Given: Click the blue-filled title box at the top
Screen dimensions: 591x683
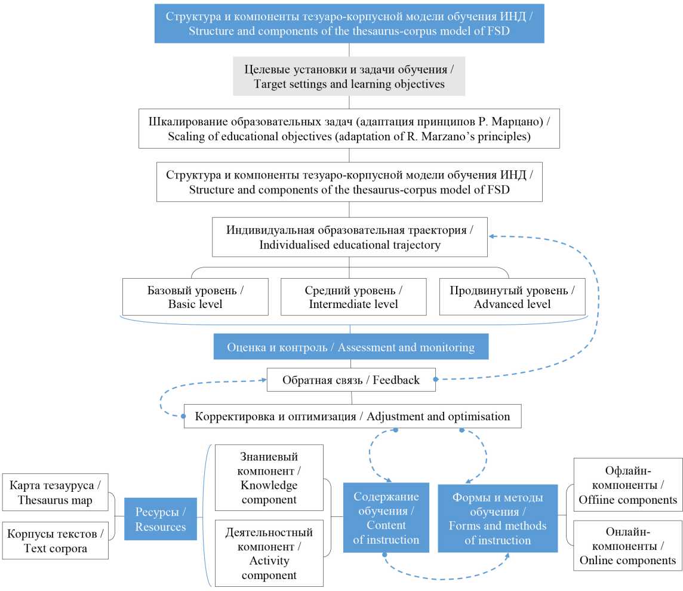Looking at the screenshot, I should tap(349, 24).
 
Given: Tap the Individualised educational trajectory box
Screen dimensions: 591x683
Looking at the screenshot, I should tap(349, 237).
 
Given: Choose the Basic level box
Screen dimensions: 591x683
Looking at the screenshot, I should tap(195, 297).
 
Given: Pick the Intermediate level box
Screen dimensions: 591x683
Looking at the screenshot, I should tap(353, 297).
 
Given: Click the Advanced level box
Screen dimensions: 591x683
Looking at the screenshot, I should tap(512, 297).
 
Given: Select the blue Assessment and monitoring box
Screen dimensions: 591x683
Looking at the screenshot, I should tap(350, 347).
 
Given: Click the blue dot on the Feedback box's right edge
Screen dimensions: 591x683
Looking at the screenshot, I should tap(435, 380).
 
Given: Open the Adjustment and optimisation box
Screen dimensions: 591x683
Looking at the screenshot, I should tap(352, 416).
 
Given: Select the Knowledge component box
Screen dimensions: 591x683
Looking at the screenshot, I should tap(269, 478).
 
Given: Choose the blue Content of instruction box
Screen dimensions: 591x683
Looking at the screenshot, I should tap(386, 518).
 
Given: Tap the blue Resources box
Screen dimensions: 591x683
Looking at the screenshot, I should tap(160, 519).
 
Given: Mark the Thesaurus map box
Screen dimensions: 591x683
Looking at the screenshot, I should tap(56, 492).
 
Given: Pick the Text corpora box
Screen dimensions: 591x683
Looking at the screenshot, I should tap(56, 540).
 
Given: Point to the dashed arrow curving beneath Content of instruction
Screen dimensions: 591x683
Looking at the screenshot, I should tap(448, 578).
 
